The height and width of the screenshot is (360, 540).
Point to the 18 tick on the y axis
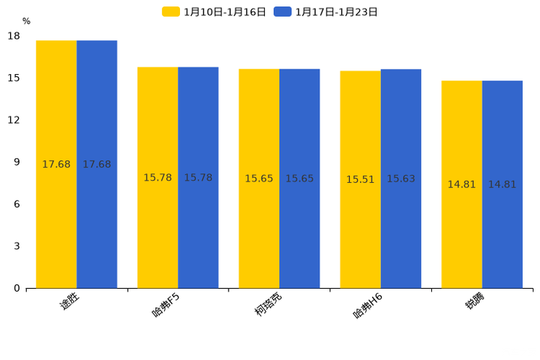14,36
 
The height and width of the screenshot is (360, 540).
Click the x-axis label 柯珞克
268,305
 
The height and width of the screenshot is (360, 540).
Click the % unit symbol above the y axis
26,22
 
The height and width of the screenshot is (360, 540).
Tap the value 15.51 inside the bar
360,179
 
